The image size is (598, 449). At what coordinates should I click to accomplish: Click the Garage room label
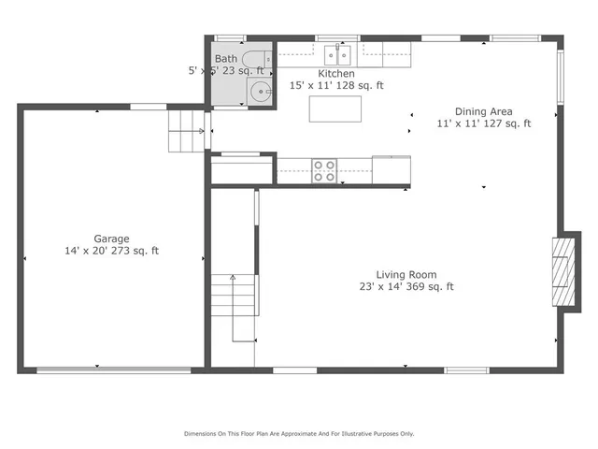coord(111,239)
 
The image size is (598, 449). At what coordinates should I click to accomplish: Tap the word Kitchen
coord(336,73)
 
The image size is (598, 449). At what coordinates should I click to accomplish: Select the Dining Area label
coord(483,110)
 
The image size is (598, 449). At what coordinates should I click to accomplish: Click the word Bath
coord(226,58)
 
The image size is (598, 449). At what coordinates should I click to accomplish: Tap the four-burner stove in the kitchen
coord(324,170)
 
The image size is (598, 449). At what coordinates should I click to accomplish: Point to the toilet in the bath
coord(268,58)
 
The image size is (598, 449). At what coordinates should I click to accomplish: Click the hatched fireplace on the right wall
coord(562,271)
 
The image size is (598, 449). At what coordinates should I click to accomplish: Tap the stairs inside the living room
coord(234,307)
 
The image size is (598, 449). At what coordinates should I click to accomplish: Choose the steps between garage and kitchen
coord(186,130)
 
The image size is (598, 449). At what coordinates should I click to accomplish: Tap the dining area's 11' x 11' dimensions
coord(458,123)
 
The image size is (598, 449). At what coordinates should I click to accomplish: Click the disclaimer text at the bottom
coord(298,433)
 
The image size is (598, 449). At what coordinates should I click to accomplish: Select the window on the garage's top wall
coord(148,107)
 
